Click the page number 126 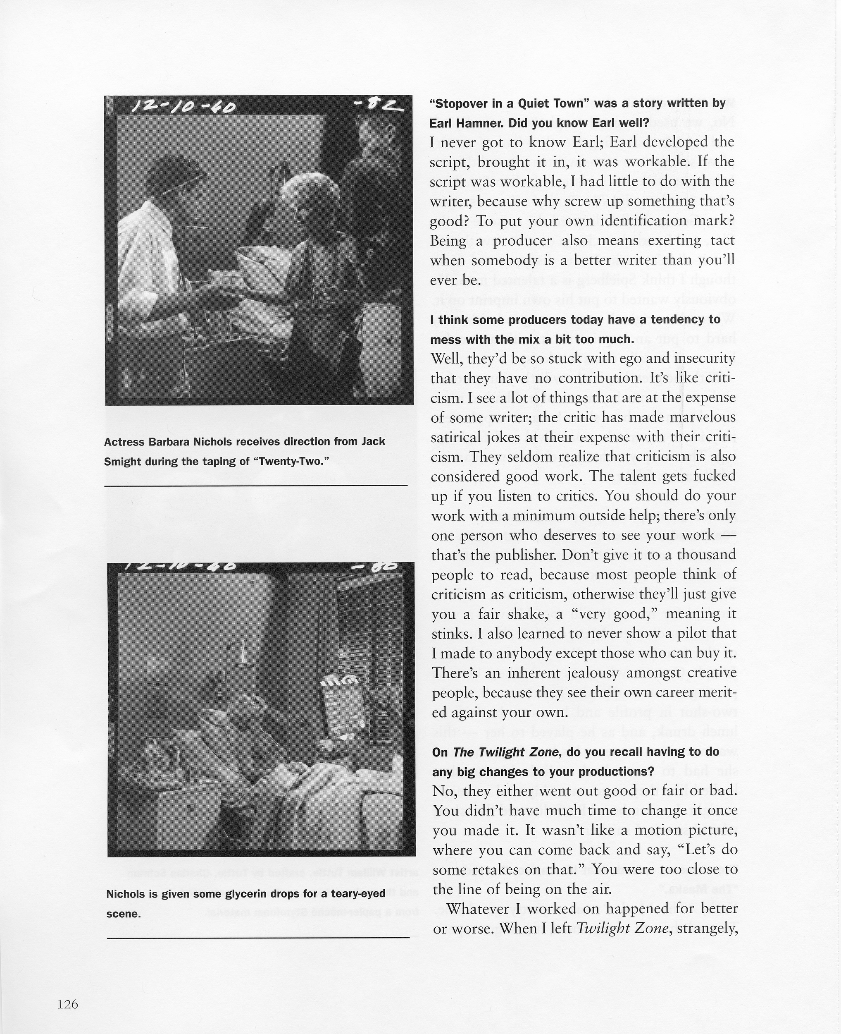tap(67, 1000)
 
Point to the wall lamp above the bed tap(242, 652)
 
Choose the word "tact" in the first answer tap(723, 240)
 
